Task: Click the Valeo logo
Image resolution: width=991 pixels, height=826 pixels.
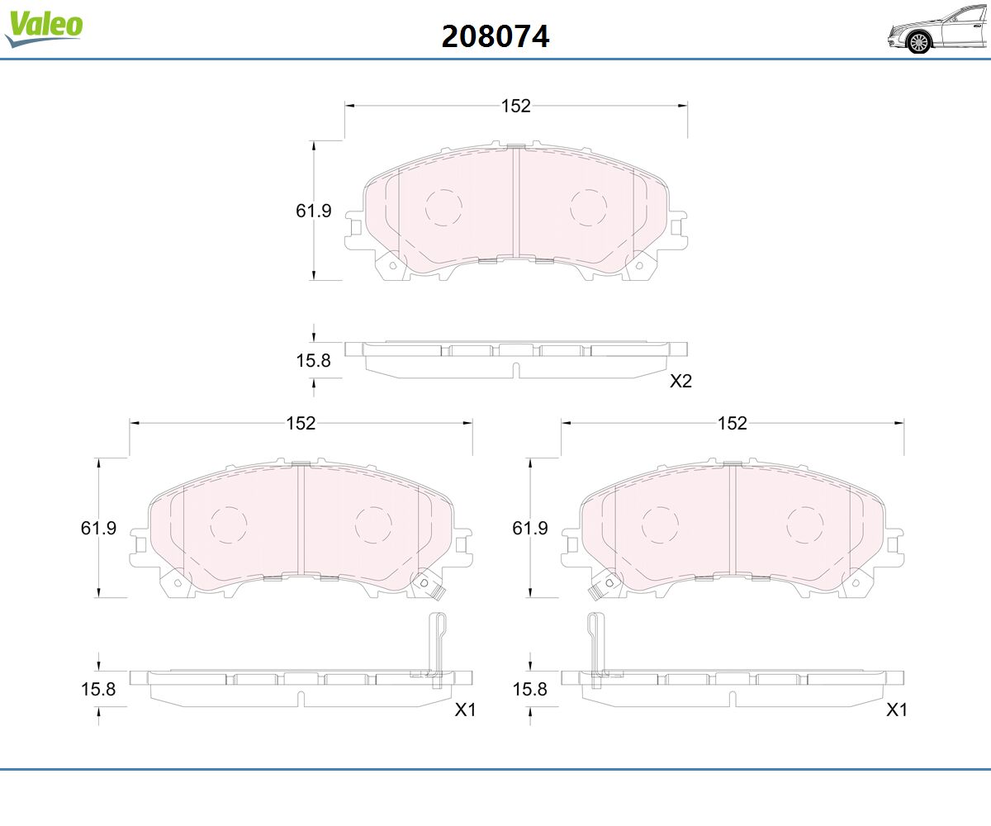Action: [x=44, y=27]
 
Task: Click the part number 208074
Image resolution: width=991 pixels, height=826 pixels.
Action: [x=495, y=36]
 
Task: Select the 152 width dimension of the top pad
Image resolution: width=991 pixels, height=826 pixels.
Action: [x=516, y=106]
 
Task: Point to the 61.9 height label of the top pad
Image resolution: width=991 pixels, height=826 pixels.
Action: [x=313, y=211]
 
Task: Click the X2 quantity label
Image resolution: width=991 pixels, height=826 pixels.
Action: [x=680, y=381]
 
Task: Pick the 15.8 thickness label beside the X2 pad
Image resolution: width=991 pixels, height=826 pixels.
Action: [x=313, y=360]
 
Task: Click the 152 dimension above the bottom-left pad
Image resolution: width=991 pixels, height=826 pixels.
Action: [x=301, y=423]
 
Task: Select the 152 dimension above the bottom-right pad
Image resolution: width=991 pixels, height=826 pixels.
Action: [x=733, y=423]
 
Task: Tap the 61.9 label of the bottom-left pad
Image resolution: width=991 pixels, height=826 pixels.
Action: [x=98, y=528]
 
